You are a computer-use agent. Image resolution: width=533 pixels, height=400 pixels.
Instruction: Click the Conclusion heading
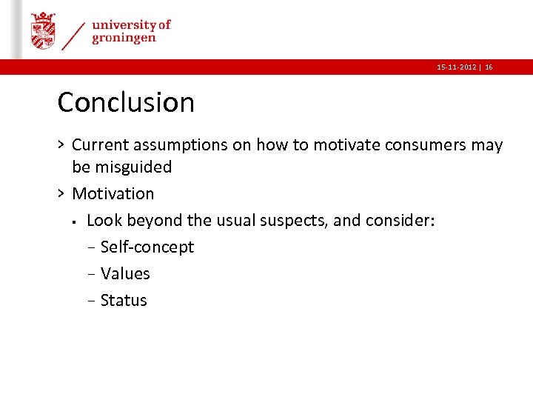pyautogui.click(x=126, y=102)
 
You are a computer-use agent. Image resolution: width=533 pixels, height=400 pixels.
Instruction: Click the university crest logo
pyautogui.click(x=43, y=31)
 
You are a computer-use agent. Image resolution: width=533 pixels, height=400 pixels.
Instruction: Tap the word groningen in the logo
pyautogui.click(x=124, y=39)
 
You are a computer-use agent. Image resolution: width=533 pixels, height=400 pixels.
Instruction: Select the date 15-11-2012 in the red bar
pyautogui.click(x=456, y=67)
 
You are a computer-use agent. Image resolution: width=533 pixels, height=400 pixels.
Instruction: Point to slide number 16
pyautogui.click(x=489, y=67)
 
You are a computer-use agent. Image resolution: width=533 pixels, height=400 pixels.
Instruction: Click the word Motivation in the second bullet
pyautogui.click(x=113, y=194)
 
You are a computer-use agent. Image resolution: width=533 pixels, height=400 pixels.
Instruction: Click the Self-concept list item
pyautogui.click(x=147, y=247)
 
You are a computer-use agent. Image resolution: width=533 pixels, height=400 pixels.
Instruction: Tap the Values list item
pyautogui.click(x=125, y=274)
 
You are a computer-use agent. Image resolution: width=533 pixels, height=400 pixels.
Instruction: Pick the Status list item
pyautogui.click(x=124, y=301)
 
